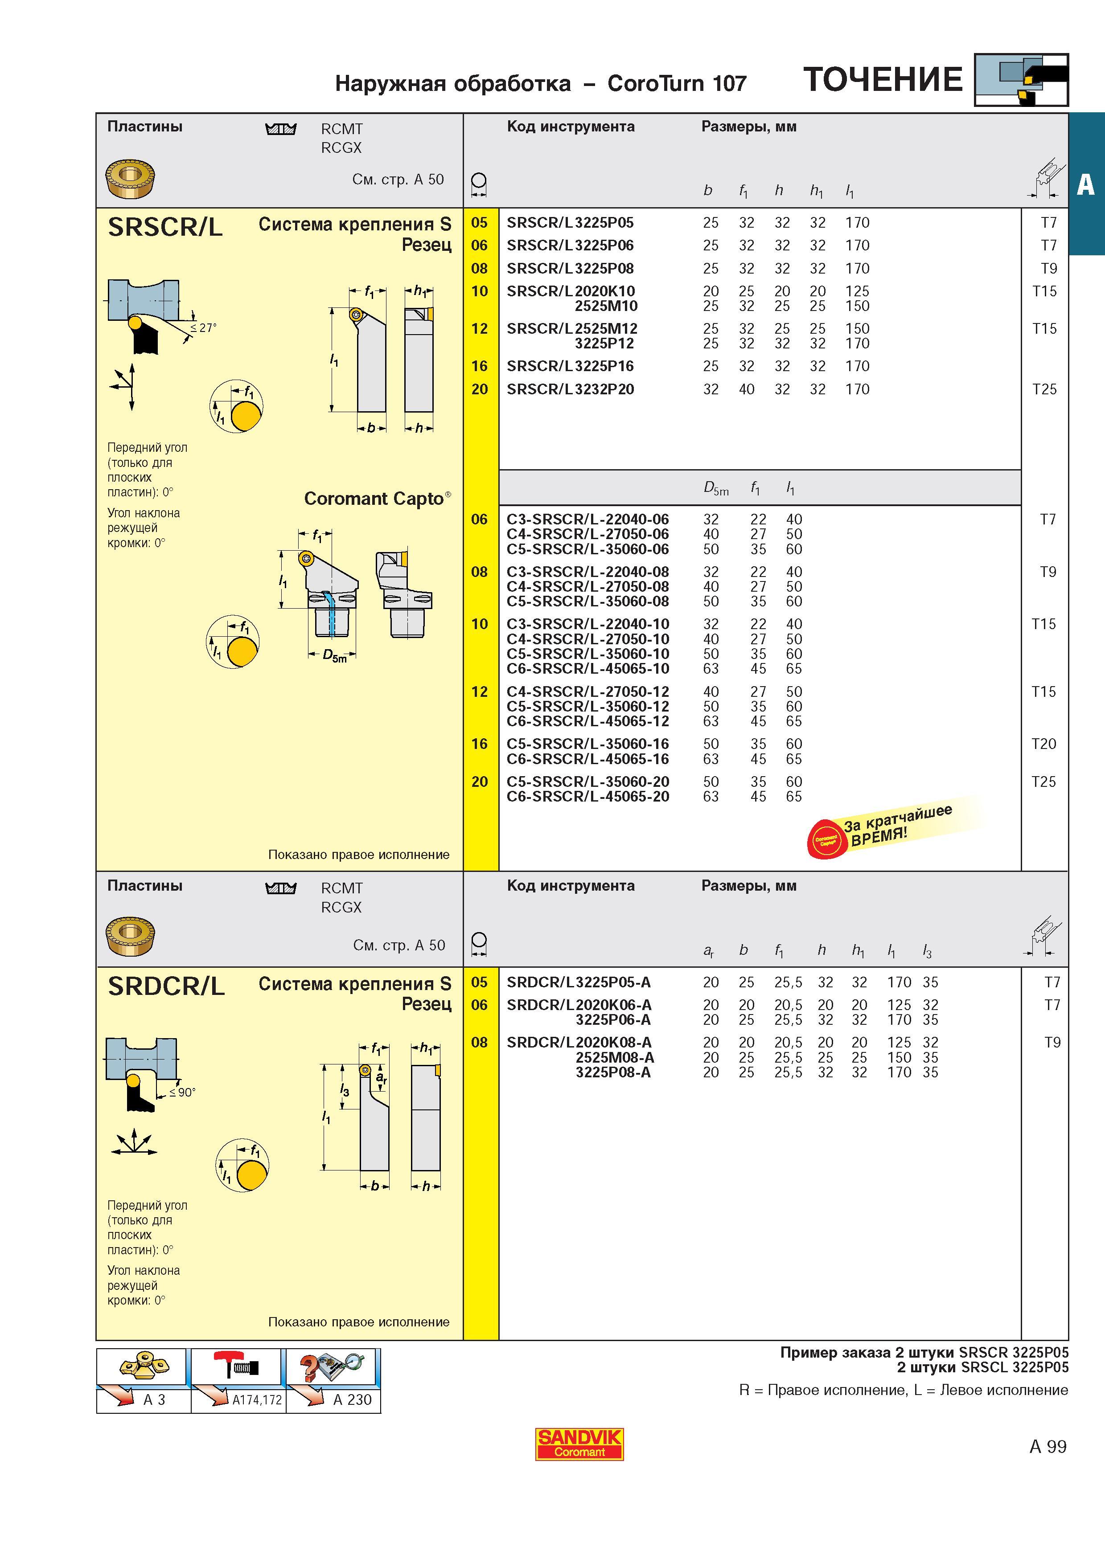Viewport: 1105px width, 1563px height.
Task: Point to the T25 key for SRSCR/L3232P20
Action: [x=1044, y=389]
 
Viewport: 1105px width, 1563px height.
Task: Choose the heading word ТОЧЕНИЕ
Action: [x=883, y=80]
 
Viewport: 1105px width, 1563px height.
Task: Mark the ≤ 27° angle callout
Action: [x=203, y=327]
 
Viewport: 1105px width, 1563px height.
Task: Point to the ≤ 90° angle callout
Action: [x=182, y=1092]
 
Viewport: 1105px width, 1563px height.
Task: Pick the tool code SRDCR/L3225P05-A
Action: [x=579, y=982]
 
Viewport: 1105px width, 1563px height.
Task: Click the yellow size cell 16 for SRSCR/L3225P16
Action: [x=480, y=366]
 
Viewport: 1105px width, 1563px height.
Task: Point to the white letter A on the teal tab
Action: [x=1086, y=184]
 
